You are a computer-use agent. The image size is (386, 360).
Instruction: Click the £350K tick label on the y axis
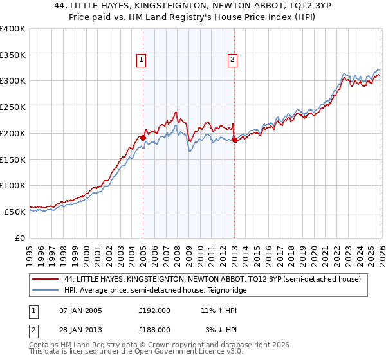(x=13, y=55)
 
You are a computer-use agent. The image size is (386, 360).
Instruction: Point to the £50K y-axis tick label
(x=15, y=212)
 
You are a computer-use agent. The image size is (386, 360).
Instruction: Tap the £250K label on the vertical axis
(x=13, y=107)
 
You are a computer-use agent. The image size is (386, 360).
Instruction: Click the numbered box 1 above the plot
(x=141, y=60)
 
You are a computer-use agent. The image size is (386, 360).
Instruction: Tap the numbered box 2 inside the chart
(x=232, y=60)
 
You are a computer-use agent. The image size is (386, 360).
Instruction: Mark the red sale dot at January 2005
(x=143, y=137)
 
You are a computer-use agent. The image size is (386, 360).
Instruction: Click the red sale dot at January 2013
(x=234, y=139)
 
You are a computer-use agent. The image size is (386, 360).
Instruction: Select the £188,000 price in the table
(x=154, y=329)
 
